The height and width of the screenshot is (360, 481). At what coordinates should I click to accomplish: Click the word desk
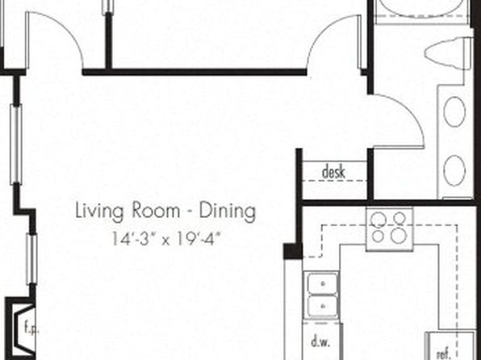[x=333, y=172]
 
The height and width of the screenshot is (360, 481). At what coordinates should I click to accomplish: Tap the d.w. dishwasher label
[x=320, y=341]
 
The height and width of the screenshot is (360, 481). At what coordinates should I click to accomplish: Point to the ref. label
[x=444, y=354]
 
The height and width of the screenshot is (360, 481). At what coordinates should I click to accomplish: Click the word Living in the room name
[x=100, y=211]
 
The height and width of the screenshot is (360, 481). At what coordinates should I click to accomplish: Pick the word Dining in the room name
[x=228, y=211]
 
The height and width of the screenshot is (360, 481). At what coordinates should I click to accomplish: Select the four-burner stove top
[x=390, y=229]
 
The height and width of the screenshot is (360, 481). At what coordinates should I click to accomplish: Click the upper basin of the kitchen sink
[x=322, y=283]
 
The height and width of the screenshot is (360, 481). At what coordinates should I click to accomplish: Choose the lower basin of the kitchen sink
[x=322, y=306]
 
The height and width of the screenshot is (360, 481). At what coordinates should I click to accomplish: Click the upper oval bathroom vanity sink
[x=454, y=111]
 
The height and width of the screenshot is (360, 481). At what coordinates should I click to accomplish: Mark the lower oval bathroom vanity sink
[x=454, y=170]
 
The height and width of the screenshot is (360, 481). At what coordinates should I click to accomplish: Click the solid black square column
[x=293, y=251]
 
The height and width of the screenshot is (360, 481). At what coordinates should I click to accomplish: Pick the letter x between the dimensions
[x=166, y=241]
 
